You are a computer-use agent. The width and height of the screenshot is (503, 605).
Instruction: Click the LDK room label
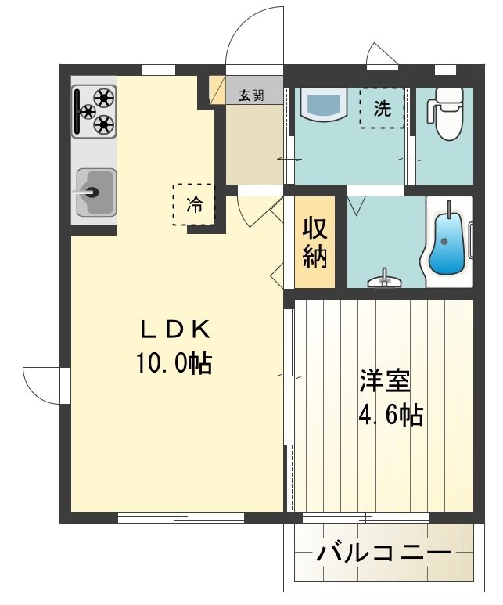(x=174, y=330)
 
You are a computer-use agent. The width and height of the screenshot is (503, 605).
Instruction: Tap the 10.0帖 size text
(x=174, y=362)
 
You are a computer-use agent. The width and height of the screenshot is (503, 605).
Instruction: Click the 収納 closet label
(x=315, y=243)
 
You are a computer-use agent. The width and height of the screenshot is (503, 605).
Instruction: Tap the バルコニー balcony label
(x=384, y=553)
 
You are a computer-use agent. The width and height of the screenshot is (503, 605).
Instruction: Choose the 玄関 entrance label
(x=250, y=95)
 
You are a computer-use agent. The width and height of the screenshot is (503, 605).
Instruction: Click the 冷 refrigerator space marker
(x=193, y=205)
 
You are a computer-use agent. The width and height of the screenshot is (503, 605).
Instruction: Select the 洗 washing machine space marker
(x=382, y=109)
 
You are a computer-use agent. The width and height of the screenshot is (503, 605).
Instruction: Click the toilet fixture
(x=448, y=115)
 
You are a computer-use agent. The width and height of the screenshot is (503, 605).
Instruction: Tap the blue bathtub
(x=447, y=242)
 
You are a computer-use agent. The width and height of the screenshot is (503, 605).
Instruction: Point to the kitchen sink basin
(x=95, y=191)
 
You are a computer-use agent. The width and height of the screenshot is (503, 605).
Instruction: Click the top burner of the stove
(x=104, y=98)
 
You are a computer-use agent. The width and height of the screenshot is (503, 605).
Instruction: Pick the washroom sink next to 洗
(x=322, y=105)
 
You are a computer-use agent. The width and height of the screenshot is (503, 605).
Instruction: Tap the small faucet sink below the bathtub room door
(x=383, y=279)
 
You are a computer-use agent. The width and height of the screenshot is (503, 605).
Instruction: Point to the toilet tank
(x=448, y=96)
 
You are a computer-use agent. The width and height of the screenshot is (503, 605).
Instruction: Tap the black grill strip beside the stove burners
(x=78, y=110)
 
